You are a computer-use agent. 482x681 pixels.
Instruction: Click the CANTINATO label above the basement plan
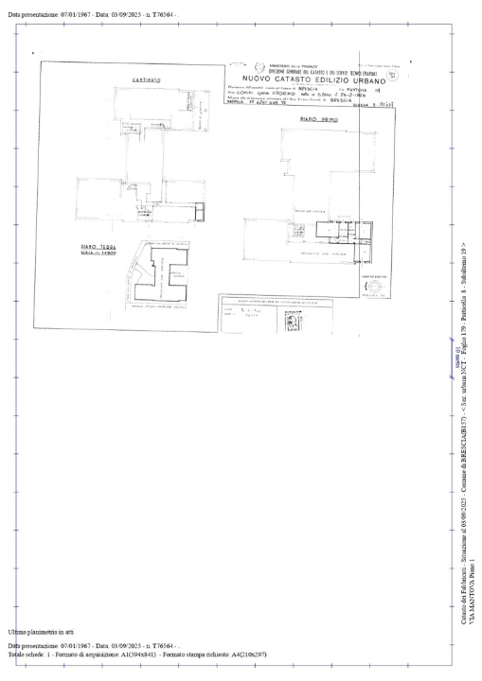tap(145, 80)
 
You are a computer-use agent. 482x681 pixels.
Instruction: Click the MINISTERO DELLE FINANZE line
tap(275, 63)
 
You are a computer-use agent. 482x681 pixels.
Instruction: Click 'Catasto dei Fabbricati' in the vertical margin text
tap(461, 582)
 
